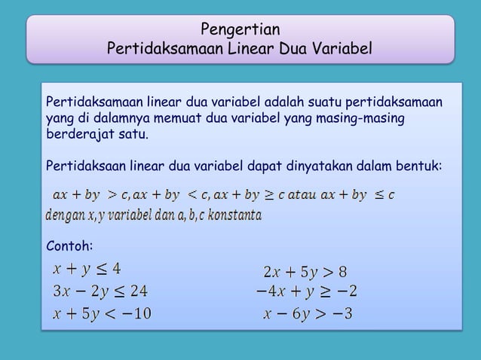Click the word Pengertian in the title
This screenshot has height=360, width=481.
coord(240,30)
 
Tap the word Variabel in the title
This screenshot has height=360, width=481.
coord(341,50)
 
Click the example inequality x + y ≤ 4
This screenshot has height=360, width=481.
coord(87,269)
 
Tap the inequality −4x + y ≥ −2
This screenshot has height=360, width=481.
coord(305,291)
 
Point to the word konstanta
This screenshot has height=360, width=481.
coord(234,216)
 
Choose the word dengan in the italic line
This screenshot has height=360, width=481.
coord(65,216)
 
